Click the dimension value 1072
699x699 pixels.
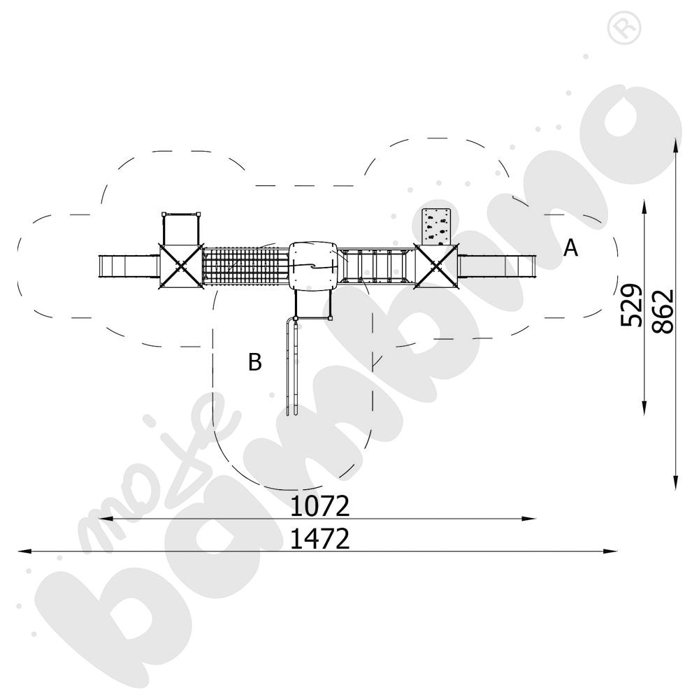pos(319,506)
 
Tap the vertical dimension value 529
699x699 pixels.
pos(632,305)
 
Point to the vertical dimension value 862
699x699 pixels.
pos(663,311)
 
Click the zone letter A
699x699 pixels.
pos(570,248)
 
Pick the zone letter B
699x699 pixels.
pos(255,362)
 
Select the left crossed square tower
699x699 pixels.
pos(180,266)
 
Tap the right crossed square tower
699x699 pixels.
pos(436,266)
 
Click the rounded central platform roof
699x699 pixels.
pos(313,266)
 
